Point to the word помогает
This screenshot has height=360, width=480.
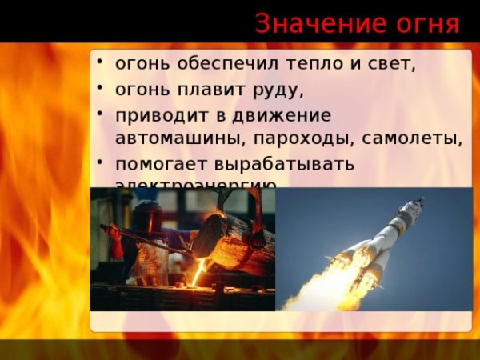click(x=159, y=164)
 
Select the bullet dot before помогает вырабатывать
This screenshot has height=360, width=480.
click(x=100, y=161)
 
